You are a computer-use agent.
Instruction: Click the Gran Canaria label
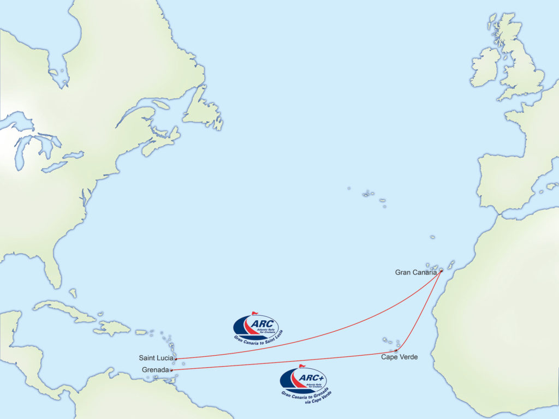click(415, 272)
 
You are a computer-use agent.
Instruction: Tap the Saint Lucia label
click(156, 358)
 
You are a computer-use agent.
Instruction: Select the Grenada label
click(155, 370)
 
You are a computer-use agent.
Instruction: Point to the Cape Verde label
click(399, 357)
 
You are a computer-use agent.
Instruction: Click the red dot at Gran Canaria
click(441, 271)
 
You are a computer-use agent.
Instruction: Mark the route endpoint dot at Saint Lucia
click(176, 358)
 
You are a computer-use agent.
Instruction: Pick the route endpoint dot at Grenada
click(171, 370)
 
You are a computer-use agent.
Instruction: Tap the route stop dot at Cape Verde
click(396, 350)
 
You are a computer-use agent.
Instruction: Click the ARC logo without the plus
click(255, 327)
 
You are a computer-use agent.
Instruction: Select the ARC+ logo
click(303, 380)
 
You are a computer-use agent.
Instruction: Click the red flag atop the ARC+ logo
click(302, 366)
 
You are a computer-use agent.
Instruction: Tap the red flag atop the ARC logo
click(254, 313)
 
